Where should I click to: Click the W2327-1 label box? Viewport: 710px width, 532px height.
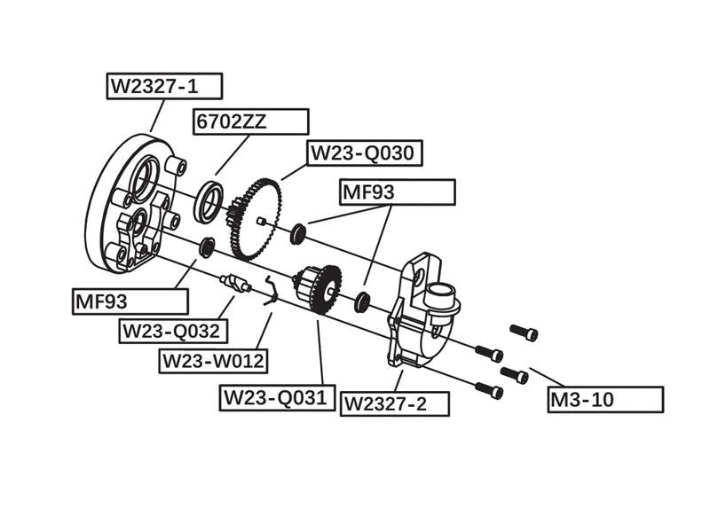[x=164, y=86]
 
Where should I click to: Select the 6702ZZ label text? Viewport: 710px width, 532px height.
[x=231, y=122]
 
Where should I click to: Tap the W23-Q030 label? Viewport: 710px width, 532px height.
[x=362, y=153]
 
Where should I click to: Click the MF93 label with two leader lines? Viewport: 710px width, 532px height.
[x=397, y=192]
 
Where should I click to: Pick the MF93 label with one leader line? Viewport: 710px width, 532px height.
[x=130, y=301]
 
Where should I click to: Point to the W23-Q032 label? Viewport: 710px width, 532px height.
[x=174, y=331]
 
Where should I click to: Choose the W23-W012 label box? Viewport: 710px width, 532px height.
[x=213, y=361]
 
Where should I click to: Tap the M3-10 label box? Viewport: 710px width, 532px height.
[x=605, y=399]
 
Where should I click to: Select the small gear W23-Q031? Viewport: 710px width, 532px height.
[x=321, y=289]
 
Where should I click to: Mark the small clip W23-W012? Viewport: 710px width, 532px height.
[x=272, y=293]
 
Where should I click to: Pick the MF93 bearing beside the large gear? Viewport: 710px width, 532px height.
[x=299, y=234]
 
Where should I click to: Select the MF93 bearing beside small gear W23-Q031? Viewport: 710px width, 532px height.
[x=362, y=301]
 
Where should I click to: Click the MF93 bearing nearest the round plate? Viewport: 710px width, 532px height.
[x=207, y=247]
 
